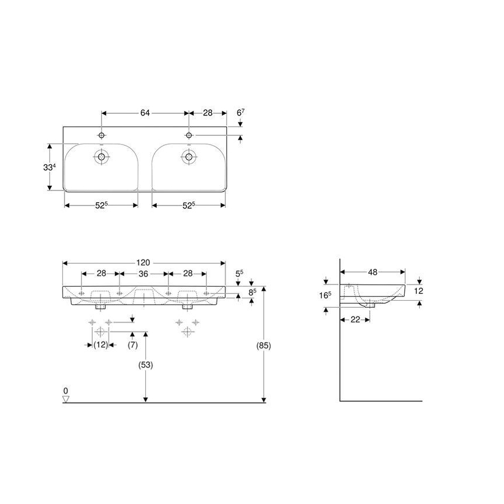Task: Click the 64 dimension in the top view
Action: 145,113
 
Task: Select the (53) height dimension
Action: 145,365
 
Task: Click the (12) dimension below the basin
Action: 101,345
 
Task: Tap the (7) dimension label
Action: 132,345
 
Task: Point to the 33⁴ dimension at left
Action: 50,167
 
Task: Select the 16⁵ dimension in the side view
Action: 326,295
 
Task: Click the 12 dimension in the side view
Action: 419,290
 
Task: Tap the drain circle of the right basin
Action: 188,156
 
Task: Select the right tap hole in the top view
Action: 188,135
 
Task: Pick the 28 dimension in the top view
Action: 206,113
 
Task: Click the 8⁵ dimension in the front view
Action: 252,293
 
